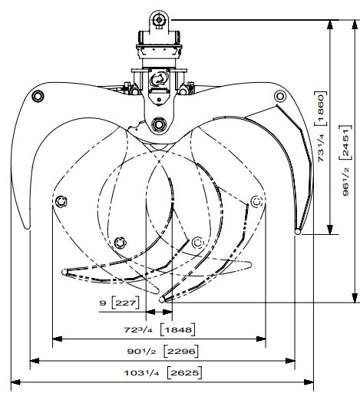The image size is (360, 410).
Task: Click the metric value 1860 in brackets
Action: coord(321,108)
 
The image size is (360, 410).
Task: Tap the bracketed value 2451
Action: coord(345,142)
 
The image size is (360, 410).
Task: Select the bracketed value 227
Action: coord(125,303)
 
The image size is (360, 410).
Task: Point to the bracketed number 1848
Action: coord(178,329)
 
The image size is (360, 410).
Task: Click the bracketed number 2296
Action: coord(181,351)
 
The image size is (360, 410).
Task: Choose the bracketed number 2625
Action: coord(185,372)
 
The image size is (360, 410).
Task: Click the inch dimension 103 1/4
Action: coord(141,372)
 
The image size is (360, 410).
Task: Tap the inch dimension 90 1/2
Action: coord(141,351)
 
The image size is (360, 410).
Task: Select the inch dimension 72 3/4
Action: coord(137,329)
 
